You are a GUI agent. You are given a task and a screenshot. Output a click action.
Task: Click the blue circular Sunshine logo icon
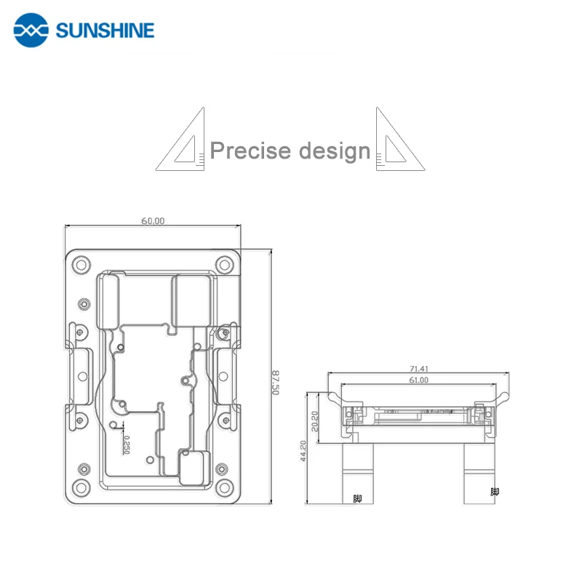pyautogui.click(x=31, y=30)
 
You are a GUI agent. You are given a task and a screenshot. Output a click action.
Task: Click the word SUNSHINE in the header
pyautogui.click(x=105, y=31)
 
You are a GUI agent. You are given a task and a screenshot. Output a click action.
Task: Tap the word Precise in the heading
pyautogui.click(x=250, y=151)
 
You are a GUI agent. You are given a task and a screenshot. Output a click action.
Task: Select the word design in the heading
pyautogui.click(x=335, y=151)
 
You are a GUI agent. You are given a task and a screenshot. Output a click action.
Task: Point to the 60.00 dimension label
pyautogui.click(x=153, y=221)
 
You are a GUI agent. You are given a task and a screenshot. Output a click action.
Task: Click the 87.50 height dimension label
pyautogui.click(x=276, y=383)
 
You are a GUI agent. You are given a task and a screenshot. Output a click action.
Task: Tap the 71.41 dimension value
pyautogui.click(x=419, y=369)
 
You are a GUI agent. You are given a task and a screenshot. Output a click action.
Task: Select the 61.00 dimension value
pyautogui.click(x=419, y=380)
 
